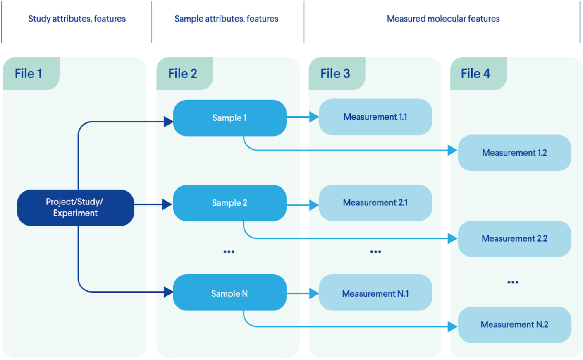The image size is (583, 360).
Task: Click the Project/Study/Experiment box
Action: pyautogui.click(x=76, y=207)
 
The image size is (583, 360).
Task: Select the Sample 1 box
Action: pyautogui.click(x=229, y=118)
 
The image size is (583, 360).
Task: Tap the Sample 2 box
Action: pyautogui.click(x=229, y=203)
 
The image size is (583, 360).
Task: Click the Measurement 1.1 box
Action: pyautogui.click(x=375, y=117)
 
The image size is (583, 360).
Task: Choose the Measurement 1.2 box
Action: pyautogui.click(x=514, y=153)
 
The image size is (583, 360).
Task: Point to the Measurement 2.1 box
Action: pyautogui.click(x=375, y=202)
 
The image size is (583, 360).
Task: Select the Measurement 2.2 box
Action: pyautogui.click(x=514, y=238)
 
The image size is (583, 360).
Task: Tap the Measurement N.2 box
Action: pyautogui.click(x=514, y=324)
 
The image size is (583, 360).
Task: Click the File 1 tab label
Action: pyautogui.click(x=29, y=74)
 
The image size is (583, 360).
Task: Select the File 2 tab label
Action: pyautogui.click(x=183, y=74)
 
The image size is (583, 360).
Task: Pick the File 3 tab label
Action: pyautogui.click(x=335, y=74)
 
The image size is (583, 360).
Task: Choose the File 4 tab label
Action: pyautogui.click(x=475, y=74)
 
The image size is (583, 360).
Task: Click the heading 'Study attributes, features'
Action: pyautogui.click(x=77, y=19)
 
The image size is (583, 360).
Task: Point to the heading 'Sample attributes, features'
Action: pyautogui.click(x=226, y=19)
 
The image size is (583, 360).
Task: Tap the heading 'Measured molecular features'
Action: pyautogui.click(x=443, y=19)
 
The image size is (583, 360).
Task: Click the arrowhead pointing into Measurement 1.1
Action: pyautogui.click(x=314, y=117)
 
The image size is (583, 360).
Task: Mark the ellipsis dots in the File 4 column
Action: pyautogui.click(x=513, y=282)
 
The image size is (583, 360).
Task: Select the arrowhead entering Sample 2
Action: pyautogui.click(x=167, y=204)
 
